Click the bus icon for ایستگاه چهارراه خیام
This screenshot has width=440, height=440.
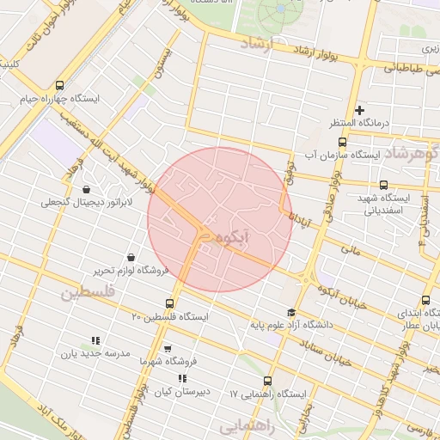(59, 86)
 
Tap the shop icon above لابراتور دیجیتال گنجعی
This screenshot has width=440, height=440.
(86, 190)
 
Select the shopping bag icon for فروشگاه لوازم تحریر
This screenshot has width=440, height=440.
(130, 257)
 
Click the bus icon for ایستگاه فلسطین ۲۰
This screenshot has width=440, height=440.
(169, 303)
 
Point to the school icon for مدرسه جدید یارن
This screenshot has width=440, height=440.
(95, 340)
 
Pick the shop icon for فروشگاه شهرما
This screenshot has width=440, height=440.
(167, 349)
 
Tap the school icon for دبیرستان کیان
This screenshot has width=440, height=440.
(181, 378)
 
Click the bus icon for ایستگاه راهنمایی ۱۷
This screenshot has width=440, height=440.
(267, 381)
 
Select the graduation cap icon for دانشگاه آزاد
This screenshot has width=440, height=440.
(291, 313)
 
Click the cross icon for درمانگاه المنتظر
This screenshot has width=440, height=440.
(359, 110)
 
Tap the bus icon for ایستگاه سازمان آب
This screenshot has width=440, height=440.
(342, 143)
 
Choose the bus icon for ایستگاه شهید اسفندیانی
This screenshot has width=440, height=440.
(383, 185)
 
